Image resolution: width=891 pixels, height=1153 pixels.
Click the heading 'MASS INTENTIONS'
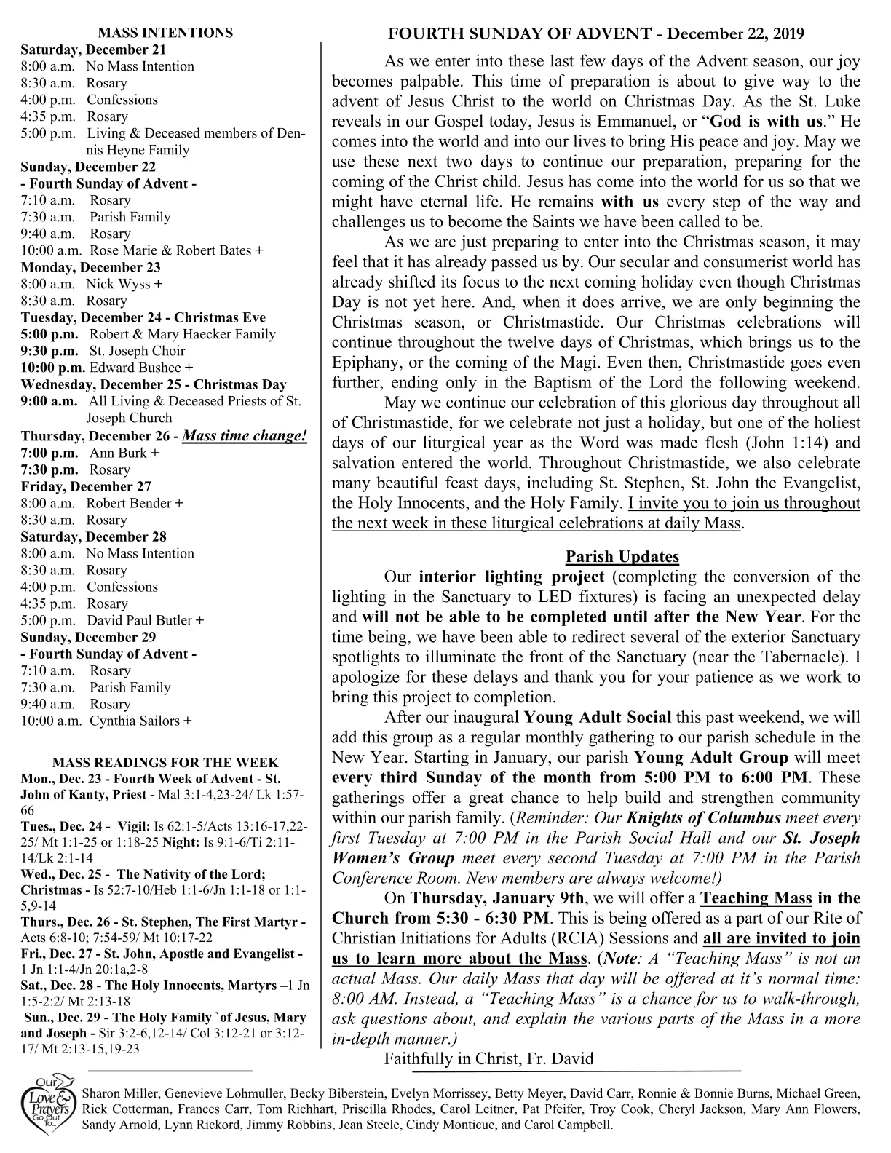coord(165,33)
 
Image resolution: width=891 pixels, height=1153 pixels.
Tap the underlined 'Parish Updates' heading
coord(622,557)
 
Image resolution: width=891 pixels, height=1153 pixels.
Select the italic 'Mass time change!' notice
coord(245,436)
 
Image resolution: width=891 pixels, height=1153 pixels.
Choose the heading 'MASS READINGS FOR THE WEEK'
coord(165,763)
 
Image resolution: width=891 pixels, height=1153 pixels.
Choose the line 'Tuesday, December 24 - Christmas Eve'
coord(143,317)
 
